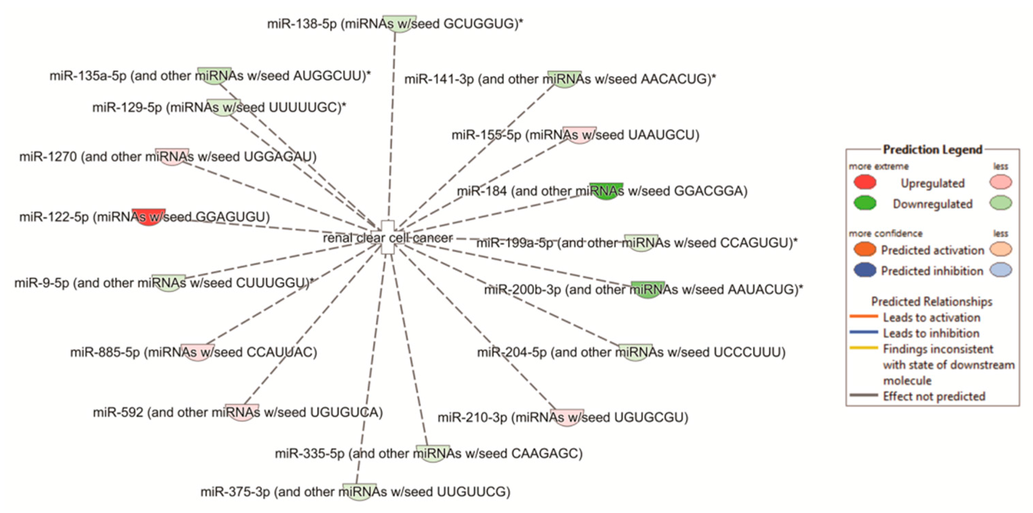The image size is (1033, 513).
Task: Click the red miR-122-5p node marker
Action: (148, 216)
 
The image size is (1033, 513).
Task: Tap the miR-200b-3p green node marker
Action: (648, 289)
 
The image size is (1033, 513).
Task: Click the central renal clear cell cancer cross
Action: (387, 237)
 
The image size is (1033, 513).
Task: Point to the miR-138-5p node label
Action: (395, 24)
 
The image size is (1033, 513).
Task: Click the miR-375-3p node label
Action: (355, 492)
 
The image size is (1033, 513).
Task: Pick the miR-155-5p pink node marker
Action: (579, 135)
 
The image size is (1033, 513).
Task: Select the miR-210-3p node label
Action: (563, 418)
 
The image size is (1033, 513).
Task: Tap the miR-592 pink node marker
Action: (242, 412)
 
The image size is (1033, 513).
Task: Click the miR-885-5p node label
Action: (194, 352)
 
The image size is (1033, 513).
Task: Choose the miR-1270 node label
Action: (168, 156)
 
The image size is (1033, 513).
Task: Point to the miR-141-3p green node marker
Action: (564, 79)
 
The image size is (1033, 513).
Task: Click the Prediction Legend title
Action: (932, 149)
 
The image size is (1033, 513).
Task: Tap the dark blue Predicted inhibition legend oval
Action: (865, 270)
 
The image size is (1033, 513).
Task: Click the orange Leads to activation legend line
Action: (863, 316)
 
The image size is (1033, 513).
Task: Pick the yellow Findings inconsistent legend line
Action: (863, 348)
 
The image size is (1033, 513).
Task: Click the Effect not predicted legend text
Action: (933, 396)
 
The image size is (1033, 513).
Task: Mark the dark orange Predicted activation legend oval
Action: (865, 249)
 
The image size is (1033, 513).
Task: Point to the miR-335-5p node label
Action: (429, 453)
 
